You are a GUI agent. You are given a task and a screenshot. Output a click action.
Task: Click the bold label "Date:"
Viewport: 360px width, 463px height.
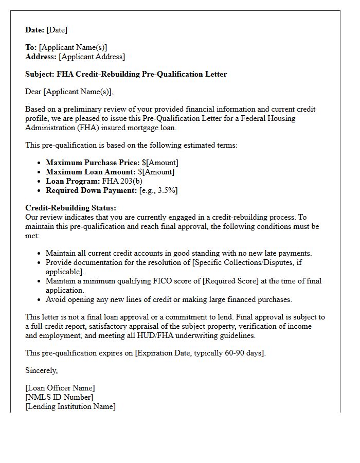[x=35, y=30]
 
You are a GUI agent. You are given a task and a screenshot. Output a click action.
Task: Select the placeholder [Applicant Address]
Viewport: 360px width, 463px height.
[x=92, y=57]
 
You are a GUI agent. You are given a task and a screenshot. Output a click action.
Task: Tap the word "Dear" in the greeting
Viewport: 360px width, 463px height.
[x=33, y=92]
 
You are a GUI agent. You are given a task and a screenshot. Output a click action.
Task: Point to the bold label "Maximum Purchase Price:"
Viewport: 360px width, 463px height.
[x=93, y=163]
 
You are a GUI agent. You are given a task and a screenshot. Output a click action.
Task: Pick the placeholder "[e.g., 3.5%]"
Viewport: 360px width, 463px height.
[x=158, y=190]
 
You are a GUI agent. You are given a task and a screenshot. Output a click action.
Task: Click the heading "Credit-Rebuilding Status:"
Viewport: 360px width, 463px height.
[x=71, y=208]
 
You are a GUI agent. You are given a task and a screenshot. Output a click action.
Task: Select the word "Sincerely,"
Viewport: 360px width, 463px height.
[x=42, y=370]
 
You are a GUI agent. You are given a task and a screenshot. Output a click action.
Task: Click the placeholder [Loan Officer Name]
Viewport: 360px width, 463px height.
[x=60, y=388]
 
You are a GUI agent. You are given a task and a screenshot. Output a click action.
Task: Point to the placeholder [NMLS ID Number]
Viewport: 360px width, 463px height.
[x=59, y=397]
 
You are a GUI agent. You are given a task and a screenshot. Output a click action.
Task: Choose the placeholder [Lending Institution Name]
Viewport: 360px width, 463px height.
[x=70, y=406]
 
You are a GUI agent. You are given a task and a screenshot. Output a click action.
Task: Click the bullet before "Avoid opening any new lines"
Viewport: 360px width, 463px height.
[x=40, y=299]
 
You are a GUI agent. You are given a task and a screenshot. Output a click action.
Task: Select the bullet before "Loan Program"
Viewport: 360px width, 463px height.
[x=40, y=181]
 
